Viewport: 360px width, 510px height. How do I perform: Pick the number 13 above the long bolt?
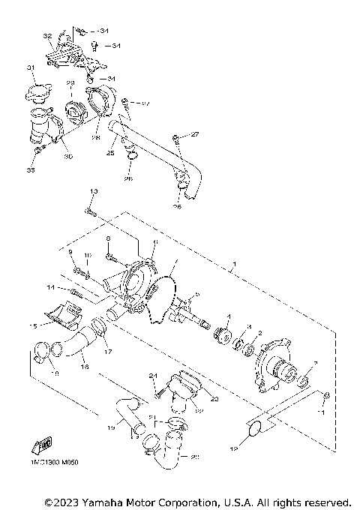[94, 193]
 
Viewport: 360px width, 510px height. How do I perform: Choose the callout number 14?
[49, 287]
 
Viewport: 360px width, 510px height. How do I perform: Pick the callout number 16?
[85, 367]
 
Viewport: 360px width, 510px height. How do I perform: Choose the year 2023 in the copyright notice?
[70, 500]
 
